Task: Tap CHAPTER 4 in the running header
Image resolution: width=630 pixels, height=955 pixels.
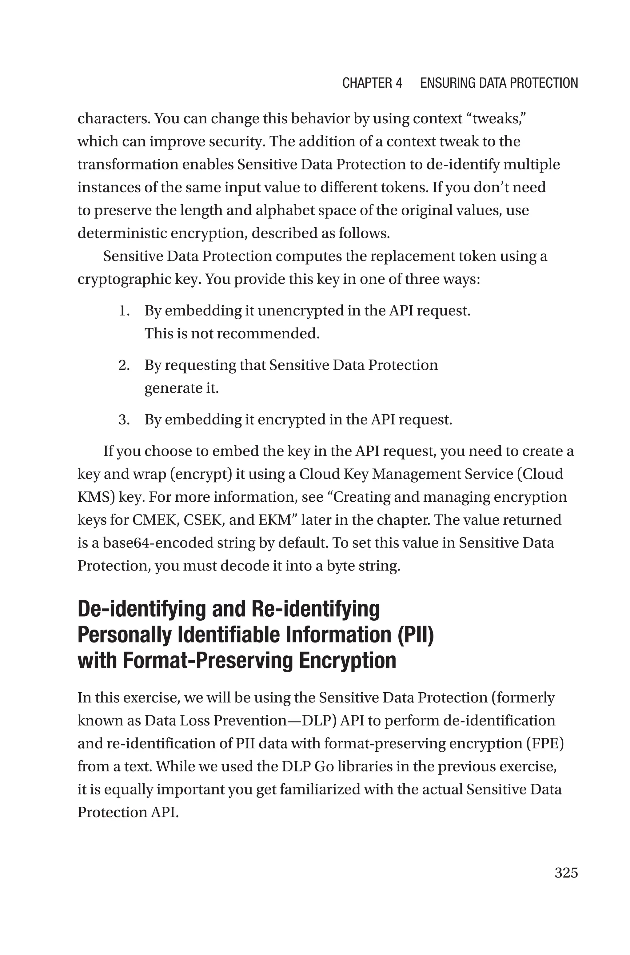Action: (x=372, y=83)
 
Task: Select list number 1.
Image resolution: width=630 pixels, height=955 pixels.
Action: (x=124, y=311)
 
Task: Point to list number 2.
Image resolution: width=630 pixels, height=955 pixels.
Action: (x=124, y=365)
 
